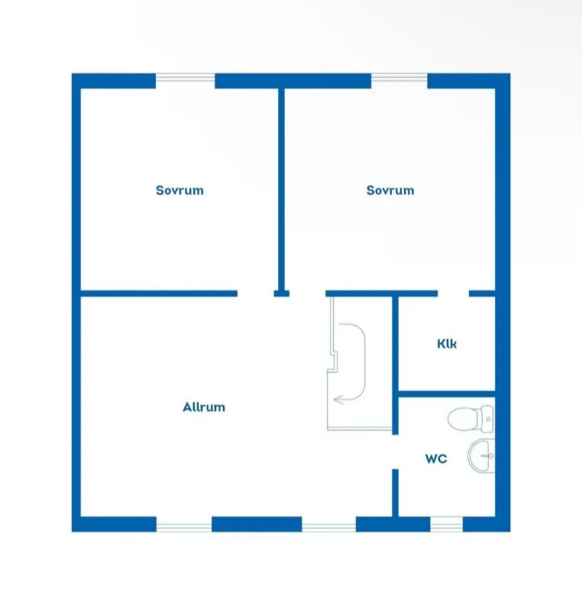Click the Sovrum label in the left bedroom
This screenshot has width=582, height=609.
coord(179,190)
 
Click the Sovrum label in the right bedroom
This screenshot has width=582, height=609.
coord(390,190)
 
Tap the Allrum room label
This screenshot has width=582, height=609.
coord(204,407)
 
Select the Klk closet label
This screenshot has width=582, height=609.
coord(447,344)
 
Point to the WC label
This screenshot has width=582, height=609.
coord(435,459)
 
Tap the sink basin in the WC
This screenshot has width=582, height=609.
coord(480,456)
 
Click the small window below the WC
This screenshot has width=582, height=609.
coord(447,524)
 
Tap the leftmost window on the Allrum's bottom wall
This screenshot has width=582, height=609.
coord(183,524)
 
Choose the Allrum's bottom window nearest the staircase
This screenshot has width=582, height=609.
coord(329,524)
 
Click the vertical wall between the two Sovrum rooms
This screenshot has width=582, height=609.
coord(281,187)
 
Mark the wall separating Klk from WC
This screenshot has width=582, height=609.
coord(446,394)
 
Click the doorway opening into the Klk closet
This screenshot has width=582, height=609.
coord(453,293)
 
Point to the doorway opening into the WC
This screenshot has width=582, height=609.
coord(396,452)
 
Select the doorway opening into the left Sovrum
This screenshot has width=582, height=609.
coord(255,293)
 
